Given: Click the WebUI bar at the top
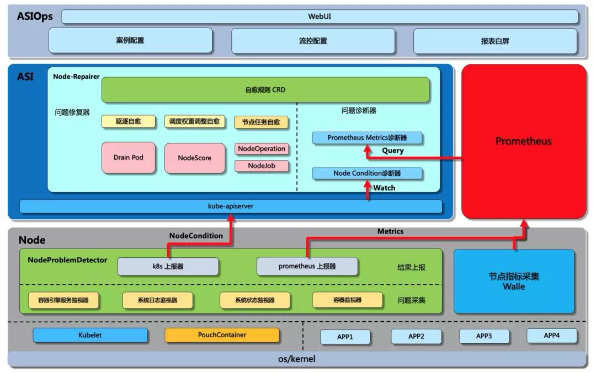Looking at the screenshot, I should (320, 17).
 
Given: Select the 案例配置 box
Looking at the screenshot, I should (130, 41).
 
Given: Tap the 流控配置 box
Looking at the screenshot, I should (313, 41).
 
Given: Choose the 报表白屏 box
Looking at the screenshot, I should (495, 41).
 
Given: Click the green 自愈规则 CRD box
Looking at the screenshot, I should (265, 90).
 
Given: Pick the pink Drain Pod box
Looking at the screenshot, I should (129, 158).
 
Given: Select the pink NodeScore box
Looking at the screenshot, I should (195, 158).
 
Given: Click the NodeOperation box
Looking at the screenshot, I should (262, 149).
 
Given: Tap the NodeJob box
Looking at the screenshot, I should (262, 166).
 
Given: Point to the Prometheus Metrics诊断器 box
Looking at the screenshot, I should (367, 138).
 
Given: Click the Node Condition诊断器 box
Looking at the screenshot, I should (367, 174).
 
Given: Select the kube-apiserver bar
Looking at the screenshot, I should (231, 206).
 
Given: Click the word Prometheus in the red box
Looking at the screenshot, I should (523, 141).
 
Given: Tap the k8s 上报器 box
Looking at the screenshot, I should (168, 267).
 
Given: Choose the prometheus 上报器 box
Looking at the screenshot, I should (307, 267).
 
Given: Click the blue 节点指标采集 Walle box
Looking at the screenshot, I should (514, 281).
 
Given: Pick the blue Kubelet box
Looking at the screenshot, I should (90, 335).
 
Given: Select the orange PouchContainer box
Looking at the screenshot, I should (222, 335).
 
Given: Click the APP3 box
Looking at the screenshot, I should (484, 336).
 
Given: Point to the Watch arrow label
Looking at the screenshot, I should (384, 188).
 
